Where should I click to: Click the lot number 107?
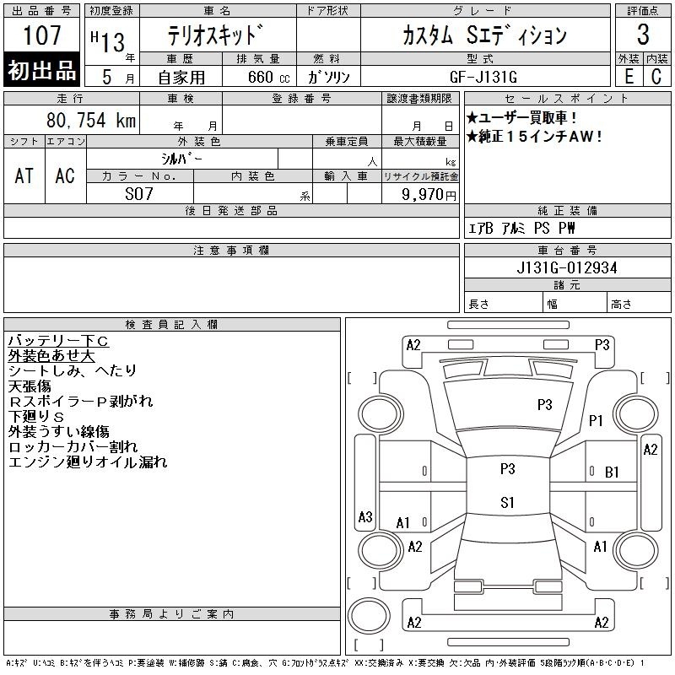[42, 35]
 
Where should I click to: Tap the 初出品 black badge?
[41, 70]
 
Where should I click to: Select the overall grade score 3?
[643, 35]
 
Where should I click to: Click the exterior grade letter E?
[629, 77]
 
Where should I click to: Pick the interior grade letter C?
[656, 77]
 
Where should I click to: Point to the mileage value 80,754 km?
[91, 120]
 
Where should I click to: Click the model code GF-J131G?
[483, 77]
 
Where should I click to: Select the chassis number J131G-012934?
[567, 267]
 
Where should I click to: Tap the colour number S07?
[139, 194]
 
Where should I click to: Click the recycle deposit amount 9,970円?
[429, 195]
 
